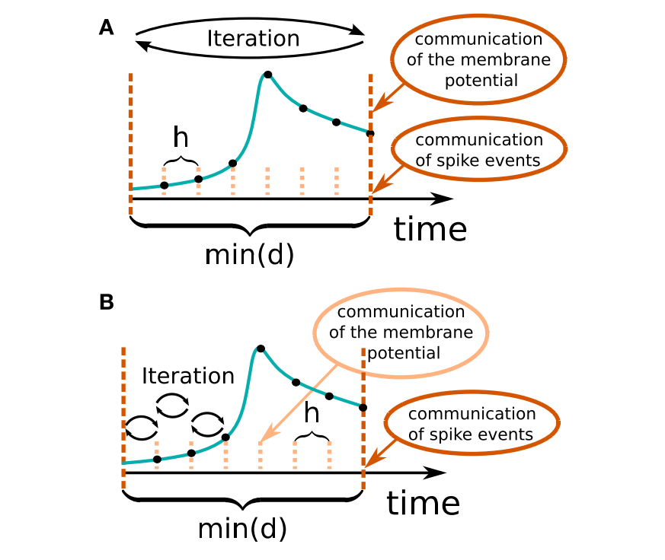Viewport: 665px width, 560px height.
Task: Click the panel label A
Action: (x=107, y=28)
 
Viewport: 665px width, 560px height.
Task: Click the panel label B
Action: (x=107, y=302)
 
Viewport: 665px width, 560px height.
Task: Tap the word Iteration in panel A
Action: (x=253, y=39)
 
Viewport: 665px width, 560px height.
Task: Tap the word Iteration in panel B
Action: (x=188, y=376)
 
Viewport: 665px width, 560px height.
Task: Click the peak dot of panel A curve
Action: (x=267, y=75)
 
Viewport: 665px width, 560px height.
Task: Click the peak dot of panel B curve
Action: (x=261, y=348)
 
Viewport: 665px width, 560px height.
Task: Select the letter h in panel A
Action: (x=181, y=138)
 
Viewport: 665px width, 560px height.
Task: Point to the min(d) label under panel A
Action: (x=249, y=256)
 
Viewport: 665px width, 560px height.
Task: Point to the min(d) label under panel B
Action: (x=242, y=528)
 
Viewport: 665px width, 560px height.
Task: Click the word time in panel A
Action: (x=430, y=229)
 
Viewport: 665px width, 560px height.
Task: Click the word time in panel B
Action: (x=423, y=503)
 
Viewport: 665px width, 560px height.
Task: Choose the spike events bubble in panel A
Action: (x=479, y=150)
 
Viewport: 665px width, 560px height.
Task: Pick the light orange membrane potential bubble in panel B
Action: (x=401, y=332)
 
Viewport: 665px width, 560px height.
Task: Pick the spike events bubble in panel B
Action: (x=471, y=425)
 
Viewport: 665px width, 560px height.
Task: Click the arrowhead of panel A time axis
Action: (x=443, y=199)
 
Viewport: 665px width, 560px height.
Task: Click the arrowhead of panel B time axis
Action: (x=435, y=473)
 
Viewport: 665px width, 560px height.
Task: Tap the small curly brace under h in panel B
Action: (x=311, y=434)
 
